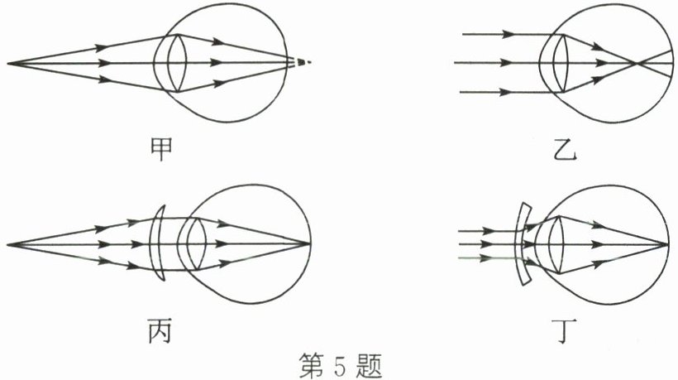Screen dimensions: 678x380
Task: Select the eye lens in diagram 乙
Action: coord(556,63)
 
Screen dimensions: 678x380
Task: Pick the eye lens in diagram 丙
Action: coord(195,244)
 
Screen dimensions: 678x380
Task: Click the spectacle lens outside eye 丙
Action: coord(160,244)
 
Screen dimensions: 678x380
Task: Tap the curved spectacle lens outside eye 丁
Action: coord(522,244)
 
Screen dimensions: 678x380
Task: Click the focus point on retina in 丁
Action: coord(667,244)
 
